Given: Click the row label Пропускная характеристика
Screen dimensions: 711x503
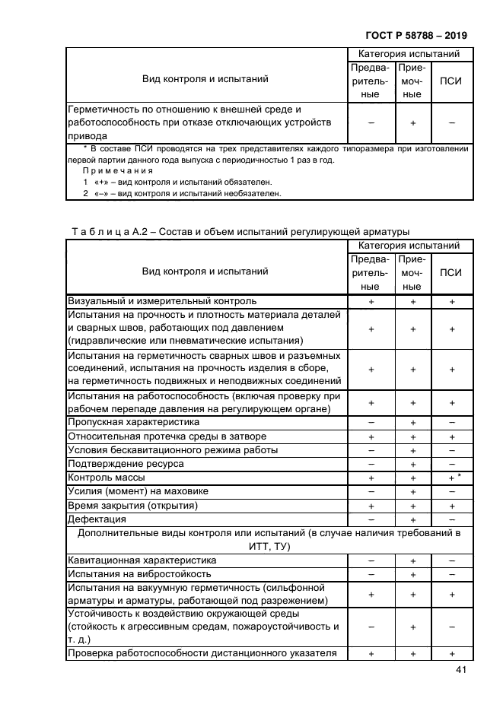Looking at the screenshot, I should pos(134,422).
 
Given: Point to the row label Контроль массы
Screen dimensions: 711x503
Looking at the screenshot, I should pos(107,478).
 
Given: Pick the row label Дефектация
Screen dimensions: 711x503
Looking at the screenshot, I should pos(97,519).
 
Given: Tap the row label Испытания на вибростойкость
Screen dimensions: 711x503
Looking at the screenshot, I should pos(139,574).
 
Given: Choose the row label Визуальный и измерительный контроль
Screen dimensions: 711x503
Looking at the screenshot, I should pos(157,301).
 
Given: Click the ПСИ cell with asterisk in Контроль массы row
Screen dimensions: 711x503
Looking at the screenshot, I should pos(454,478).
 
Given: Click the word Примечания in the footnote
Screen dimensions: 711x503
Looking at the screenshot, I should pos(117,172).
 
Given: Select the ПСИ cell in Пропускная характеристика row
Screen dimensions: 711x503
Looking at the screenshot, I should pos(452,422).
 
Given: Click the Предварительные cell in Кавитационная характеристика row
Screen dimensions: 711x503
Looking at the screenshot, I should pos(371,560).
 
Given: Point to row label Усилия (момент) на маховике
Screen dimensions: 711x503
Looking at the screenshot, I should pos(138,491).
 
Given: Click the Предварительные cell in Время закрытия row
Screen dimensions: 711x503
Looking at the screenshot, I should pos(371,506).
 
